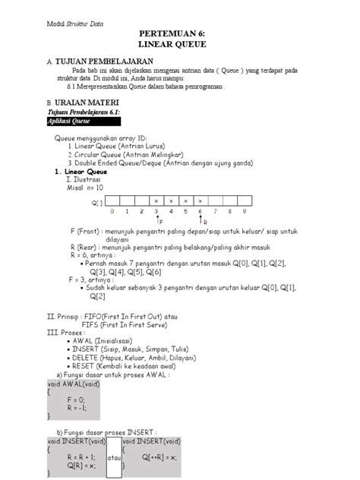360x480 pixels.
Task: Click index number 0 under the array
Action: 112,211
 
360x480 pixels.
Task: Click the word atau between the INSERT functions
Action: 114,457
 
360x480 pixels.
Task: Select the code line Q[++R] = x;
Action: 159,457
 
